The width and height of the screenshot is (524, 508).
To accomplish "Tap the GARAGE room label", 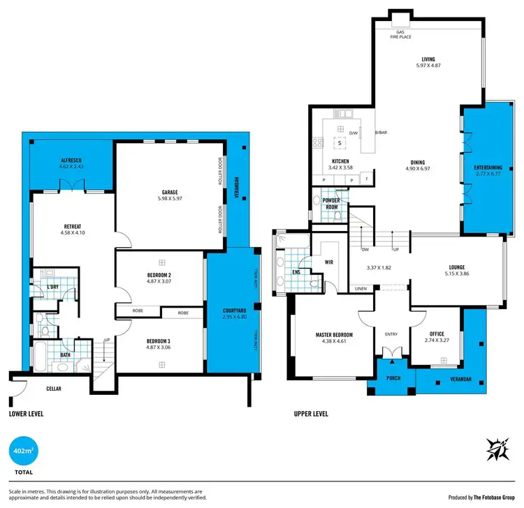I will point(170,192).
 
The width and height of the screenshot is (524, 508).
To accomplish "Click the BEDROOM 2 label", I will point(161,275).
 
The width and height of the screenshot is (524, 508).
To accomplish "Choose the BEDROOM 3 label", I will point(161,341).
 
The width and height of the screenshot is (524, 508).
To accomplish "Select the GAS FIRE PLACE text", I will point(401,34).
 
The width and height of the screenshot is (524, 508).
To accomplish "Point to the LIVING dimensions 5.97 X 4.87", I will point(428,65).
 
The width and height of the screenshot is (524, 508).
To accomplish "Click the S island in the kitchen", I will point(339,144).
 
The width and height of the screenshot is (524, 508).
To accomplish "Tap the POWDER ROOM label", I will point(330,204).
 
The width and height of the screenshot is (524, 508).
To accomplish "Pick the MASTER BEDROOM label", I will point(333,335).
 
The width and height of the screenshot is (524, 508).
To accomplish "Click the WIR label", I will point(328,263).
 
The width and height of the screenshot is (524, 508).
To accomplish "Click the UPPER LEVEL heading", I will point(312,413).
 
